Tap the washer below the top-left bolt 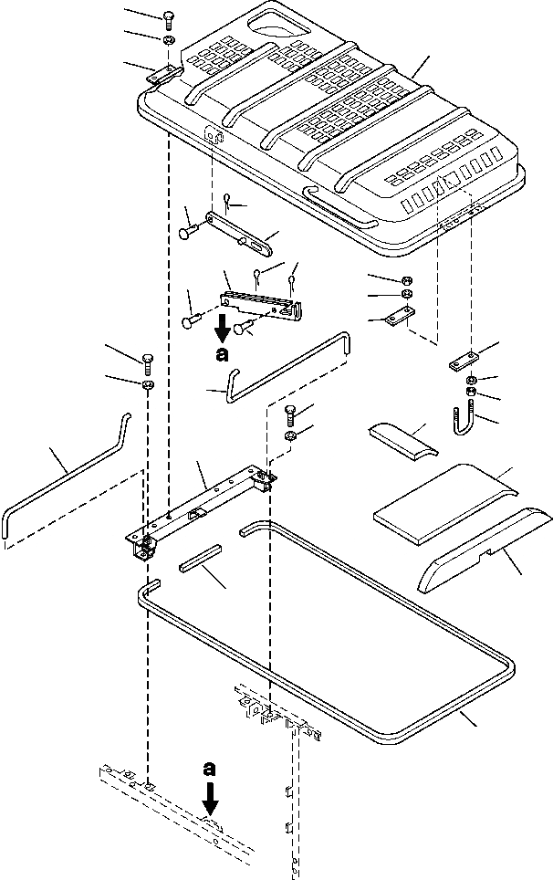pos(168,40)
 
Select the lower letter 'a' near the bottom pos(209,768)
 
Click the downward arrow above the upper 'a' pos(223,329)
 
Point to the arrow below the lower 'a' pos(210,800)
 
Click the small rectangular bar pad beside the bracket pos(201,557)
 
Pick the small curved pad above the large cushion pos(403,442)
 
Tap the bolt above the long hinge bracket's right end pos(291,416)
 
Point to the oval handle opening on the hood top pos(278,24)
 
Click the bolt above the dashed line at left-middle pos(148,364)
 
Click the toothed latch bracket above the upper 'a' pos(261,303)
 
